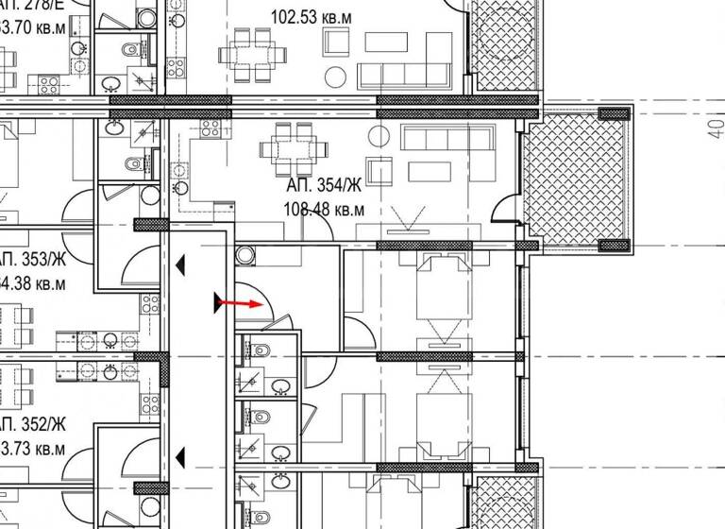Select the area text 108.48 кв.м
(323, 210)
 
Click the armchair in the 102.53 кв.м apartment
(336, 43)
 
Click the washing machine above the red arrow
(245, 255)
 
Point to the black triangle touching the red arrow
(219, 303)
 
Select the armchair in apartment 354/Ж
(379, 171)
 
